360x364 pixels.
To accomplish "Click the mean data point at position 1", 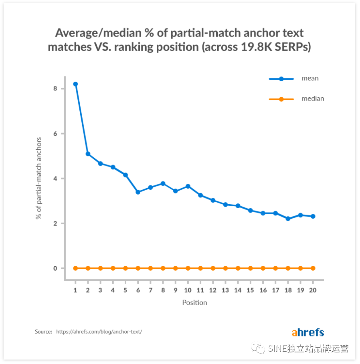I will click(75, 84).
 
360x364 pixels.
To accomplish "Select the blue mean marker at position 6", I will click(138, 192).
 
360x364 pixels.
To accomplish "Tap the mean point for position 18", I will click(288, 219).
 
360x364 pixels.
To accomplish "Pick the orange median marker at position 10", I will click(188, 268).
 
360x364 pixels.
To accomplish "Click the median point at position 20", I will click(313, 268).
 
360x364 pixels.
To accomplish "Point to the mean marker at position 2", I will click(88, 154).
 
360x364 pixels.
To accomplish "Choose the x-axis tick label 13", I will click(225, 290).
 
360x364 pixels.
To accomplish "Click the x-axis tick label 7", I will click(150, 290).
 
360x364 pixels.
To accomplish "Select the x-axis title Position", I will click(194, 303).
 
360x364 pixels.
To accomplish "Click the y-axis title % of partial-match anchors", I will click(39, 178).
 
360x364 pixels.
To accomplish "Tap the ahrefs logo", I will click(307, 332).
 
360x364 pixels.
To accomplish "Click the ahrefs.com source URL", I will click(99, 332).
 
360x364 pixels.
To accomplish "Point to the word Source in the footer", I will click(43, 332).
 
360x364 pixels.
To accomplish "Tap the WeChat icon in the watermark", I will click(258, 348).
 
